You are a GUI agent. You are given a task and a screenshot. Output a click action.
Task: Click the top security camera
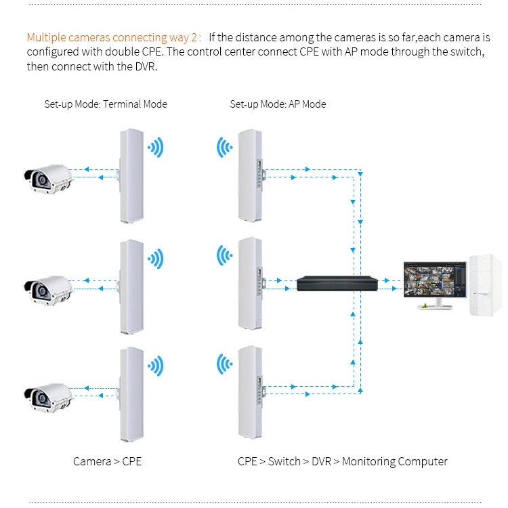click(x=49, y=179)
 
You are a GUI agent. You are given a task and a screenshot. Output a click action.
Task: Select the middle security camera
click(x=49, y=291)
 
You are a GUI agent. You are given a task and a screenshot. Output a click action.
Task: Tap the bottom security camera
click(x=49, y=398)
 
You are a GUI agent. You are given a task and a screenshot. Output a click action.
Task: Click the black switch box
click(x=337, y=283)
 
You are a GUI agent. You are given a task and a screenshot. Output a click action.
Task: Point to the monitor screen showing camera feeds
click(x=435, y=279)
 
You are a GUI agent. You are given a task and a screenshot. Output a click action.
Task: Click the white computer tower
click(x=486, y=285)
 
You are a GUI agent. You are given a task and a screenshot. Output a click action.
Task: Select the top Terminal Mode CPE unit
click(x=131, y=175)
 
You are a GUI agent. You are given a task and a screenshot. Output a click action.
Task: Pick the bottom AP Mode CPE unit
click(x=250, y=392)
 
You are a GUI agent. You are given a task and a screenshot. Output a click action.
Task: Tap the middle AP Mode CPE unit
click(x=250, y=284)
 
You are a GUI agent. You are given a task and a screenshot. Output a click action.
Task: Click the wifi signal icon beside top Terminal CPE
click(x=156, y=148)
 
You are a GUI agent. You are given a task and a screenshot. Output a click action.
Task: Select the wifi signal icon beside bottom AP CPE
click(x=224, y=364)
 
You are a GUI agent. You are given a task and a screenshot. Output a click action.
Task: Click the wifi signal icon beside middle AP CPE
click(x=224, y=255)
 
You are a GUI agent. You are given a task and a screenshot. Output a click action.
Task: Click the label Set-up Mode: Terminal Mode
click(x=106, y=104)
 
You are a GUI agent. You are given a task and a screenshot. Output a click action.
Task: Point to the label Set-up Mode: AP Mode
click(x=278, y=104)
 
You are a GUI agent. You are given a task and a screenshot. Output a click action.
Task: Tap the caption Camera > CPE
click(x=107, y=461)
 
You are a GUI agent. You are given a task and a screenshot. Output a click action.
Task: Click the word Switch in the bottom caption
click(x=284, y=461)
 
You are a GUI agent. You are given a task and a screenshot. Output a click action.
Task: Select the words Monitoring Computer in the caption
click(x=395, y=462)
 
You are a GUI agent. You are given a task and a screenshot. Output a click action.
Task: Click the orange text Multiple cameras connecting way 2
click(x=112, y=37)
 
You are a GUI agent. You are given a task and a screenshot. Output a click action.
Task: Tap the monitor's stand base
click(x=434, y=306)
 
